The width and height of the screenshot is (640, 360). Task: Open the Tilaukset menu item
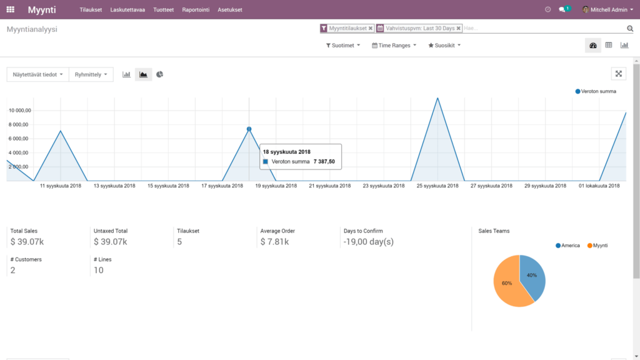point(91,10)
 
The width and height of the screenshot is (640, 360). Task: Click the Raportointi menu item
point(196,10)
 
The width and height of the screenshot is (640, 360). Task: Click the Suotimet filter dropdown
point(343,46)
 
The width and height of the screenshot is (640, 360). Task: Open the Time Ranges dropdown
point(394,46)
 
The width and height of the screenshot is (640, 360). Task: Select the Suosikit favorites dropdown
point(444,46)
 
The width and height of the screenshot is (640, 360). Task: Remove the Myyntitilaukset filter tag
point(371,28)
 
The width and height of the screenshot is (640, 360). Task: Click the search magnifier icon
point(630,29)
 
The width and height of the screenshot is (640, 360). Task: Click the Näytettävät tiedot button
point(37,74)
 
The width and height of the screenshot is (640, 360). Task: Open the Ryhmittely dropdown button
point(91,74)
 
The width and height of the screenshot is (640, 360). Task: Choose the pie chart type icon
point(160,74)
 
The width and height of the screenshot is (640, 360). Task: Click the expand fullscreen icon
point(619,74)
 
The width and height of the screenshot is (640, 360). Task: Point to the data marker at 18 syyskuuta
point(249,129)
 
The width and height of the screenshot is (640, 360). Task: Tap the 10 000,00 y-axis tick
point(19,110)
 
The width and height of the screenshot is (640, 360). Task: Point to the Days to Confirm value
point(368,242)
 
